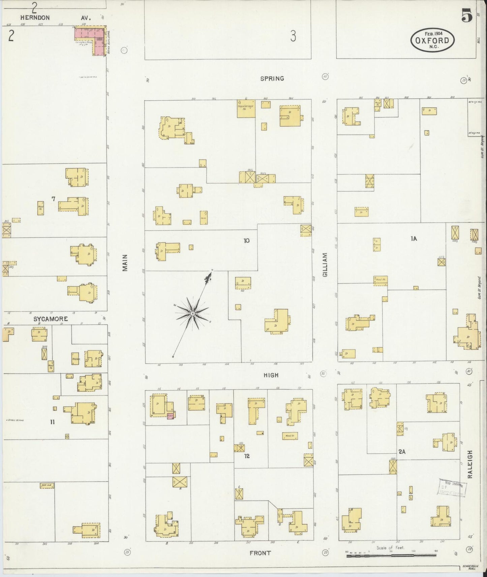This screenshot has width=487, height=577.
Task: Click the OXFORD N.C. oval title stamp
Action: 432,40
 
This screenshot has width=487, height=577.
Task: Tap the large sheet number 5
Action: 467,16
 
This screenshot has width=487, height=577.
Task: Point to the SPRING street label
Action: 272,78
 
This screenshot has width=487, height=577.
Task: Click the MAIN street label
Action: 125,263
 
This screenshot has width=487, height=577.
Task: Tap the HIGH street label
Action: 271,375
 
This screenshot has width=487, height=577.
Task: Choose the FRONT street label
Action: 260,553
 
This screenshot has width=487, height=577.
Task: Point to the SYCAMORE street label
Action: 51,319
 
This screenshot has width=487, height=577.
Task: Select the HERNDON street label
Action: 35,18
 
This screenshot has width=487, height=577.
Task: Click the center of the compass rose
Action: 192,314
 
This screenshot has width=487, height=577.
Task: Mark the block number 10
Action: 247,240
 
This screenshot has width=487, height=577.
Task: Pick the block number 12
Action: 247,456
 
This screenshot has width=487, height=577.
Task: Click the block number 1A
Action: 414,239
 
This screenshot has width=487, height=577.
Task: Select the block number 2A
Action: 402,452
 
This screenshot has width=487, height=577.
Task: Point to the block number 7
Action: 53,199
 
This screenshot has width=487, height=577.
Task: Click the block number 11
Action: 52,422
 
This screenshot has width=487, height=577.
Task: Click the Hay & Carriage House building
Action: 246,108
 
